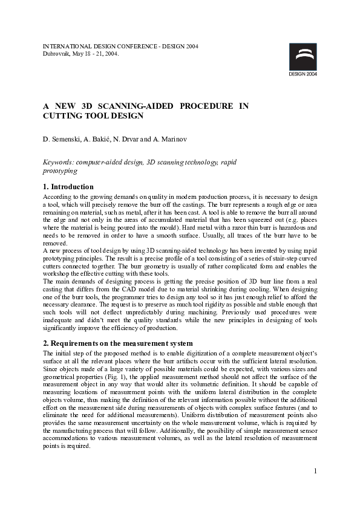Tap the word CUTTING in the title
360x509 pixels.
coord(62,115)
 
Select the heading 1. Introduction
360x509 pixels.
coord(68,187)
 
